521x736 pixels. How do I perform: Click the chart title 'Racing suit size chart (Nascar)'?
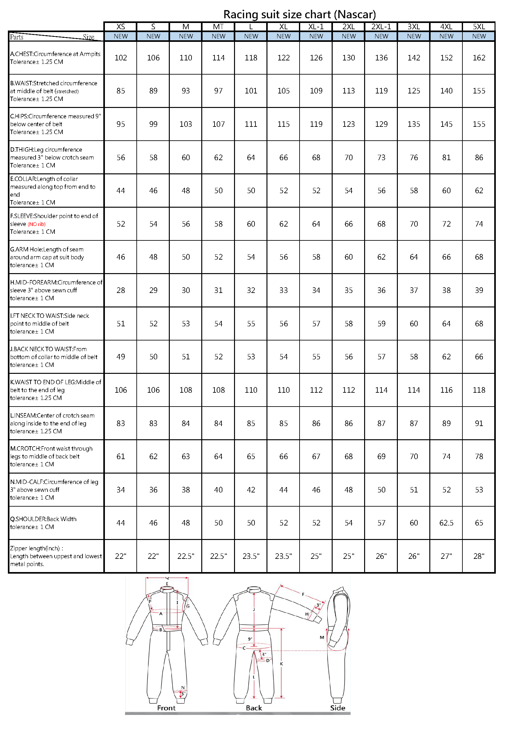tap(299, 15)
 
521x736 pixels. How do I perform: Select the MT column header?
tap(218, 27)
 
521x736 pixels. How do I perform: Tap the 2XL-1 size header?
tap(381, 27)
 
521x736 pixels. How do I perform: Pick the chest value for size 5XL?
tap(479, 58)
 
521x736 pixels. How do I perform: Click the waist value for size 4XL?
tap(446, 91)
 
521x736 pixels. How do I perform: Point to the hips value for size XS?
tap(121, 124)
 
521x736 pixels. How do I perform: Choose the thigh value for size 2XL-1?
tap(381, 158)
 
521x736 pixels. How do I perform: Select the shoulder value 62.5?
tap(446, 523)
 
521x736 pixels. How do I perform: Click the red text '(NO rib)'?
tap(37, 224)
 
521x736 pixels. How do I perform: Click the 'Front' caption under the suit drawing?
tap(166, 708)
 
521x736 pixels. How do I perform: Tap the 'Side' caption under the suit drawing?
tap(337, 708)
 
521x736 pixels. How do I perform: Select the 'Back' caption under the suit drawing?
tap(254, 708)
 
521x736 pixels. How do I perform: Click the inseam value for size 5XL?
tap(479, 424)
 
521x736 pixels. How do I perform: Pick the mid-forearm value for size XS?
tap(121, 290)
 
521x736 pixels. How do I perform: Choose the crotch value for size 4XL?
tap(446, 457)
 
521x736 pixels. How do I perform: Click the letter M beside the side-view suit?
tap(322, 638)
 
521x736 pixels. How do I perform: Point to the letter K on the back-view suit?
tap(281, 664)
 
